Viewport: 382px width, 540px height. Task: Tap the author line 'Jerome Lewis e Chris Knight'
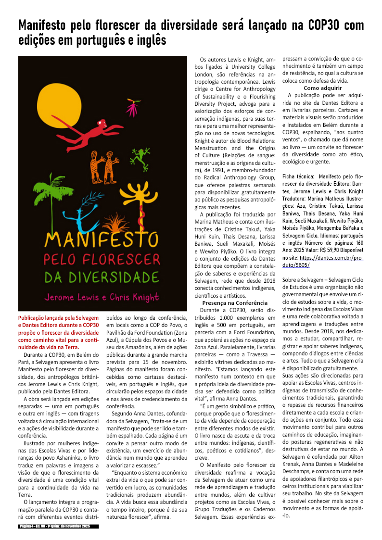[102, 296]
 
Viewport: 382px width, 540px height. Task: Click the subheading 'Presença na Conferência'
[235, 303]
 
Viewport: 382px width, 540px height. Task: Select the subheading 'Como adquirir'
[322, 88]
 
